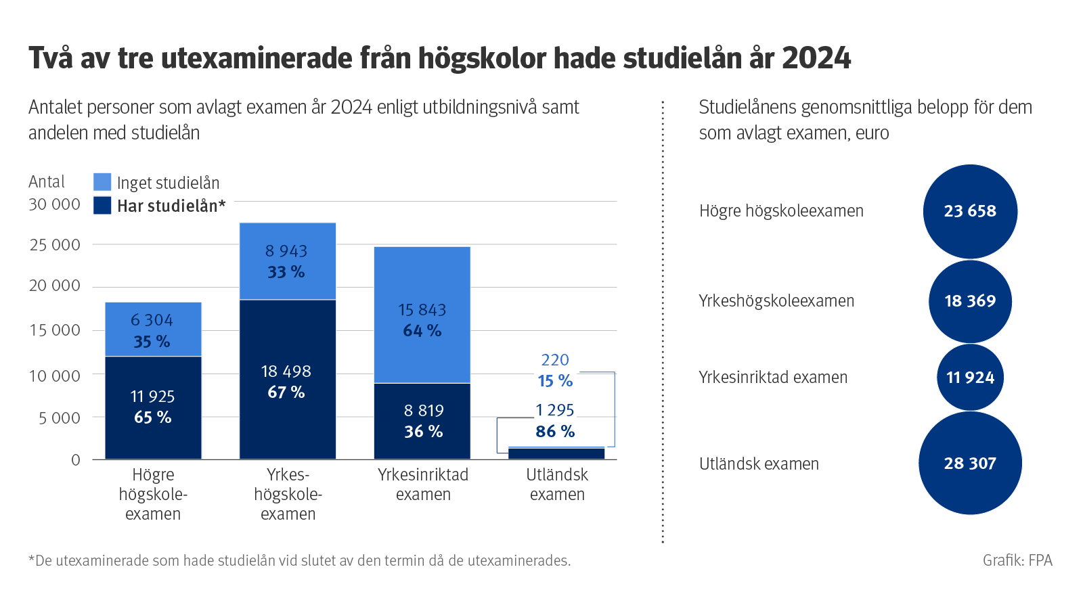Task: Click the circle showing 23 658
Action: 970,211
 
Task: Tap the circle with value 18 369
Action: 970,301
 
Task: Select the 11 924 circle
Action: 970,377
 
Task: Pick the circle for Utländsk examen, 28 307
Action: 970,464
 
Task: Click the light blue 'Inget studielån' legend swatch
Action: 102,182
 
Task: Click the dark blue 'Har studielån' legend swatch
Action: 102,206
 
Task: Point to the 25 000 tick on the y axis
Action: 55,245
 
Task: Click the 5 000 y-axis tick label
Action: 60,418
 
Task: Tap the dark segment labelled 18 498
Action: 287,379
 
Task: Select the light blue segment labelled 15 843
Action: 422,315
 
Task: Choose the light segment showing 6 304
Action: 153,329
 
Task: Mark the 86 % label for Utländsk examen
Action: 555,432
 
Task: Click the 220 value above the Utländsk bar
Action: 555,360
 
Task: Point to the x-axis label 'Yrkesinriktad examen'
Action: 423,484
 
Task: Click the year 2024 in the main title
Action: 816,58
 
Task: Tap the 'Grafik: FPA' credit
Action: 1017,560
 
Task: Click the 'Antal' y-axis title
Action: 47,182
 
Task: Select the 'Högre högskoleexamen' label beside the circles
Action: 781,211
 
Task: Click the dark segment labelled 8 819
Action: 422,421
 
